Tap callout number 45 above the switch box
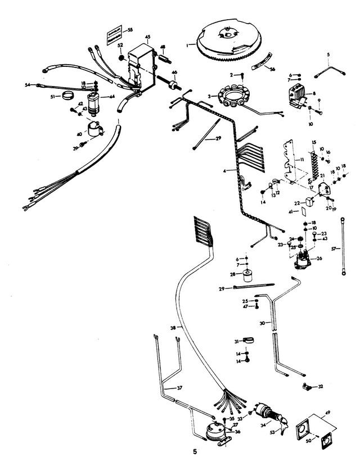tap(147, 37)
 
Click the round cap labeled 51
tap(70, 96)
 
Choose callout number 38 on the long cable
tap(173, 327)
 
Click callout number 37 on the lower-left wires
tap(179, 388)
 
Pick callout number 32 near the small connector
tap(321, 387)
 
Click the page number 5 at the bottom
tap(195, 451)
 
